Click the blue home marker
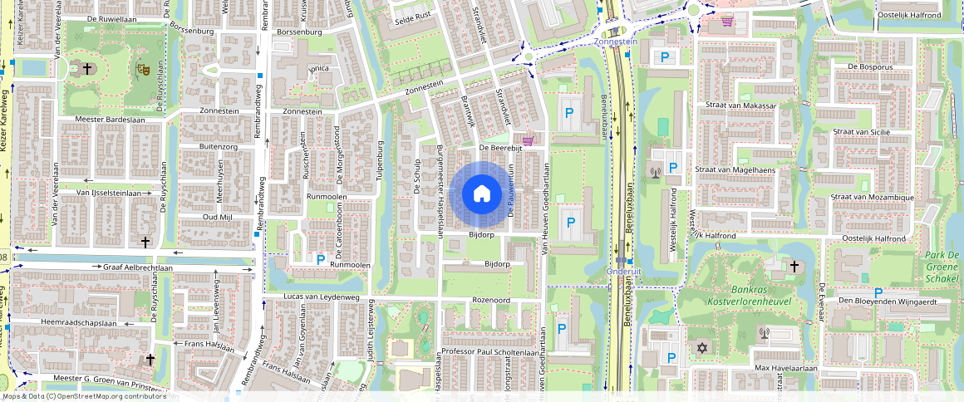[x=481, y=194]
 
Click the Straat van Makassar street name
[x=740, y=106]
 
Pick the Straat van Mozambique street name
[x=873, y=198]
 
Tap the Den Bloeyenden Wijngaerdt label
[x=893, y=301]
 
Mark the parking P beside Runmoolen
[x=321, y=259]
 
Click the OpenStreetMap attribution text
[x=84, y=396]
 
